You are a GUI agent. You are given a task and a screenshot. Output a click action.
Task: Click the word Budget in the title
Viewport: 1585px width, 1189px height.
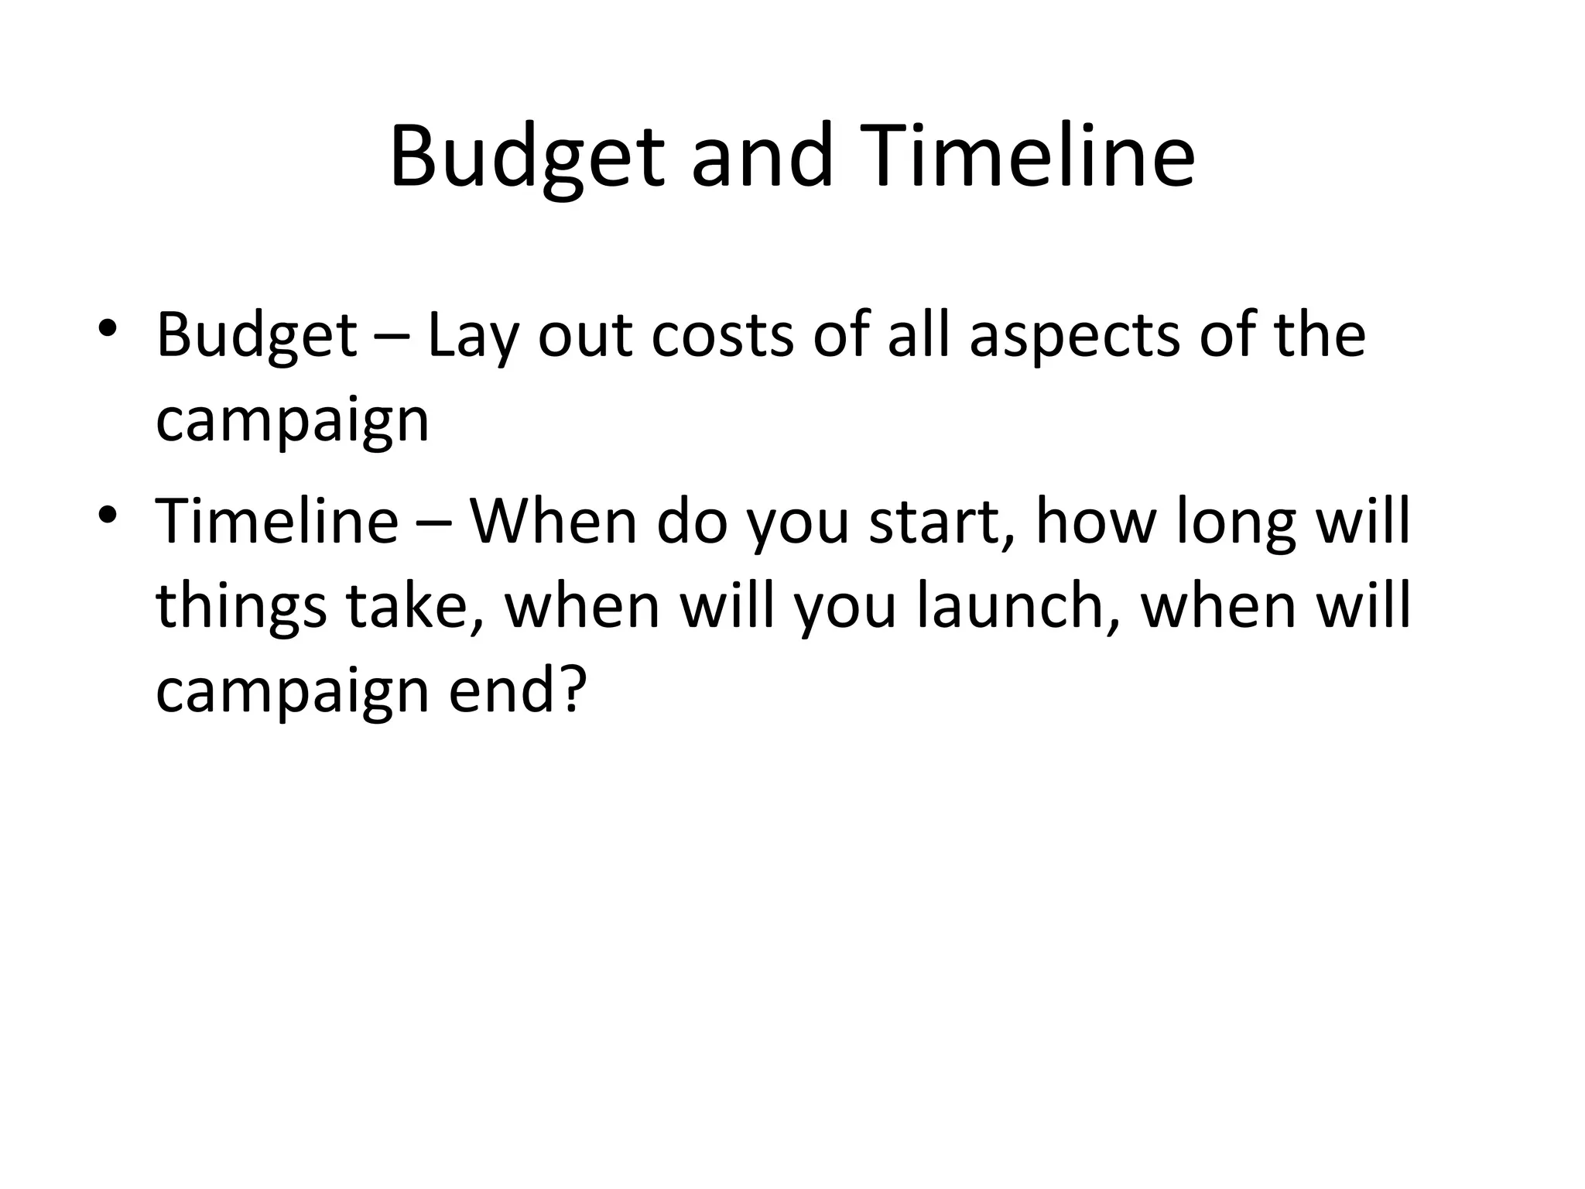coord(526,158)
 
